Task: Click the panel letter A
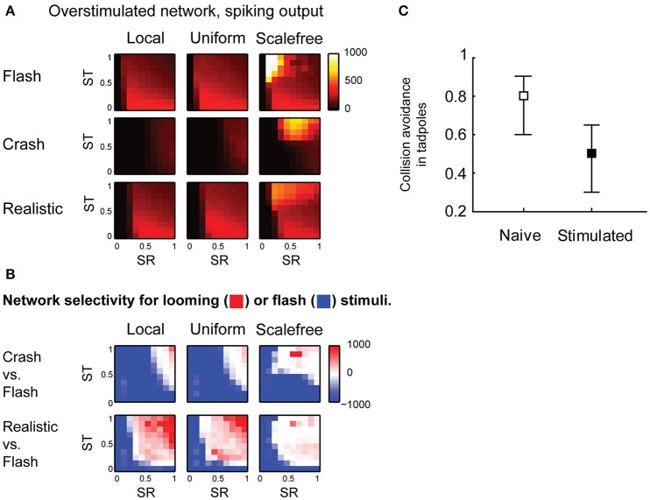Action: click(7, 10)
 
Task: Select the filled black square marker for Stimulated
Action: click(592, 153)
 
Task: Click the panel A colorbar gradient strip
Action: click(335, 81)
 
